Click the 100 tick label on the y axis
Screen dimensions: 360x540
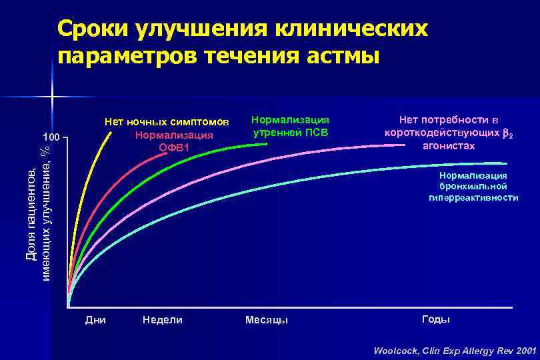click(x=51, y=138)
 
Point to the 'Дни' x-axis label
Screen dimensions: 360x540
click(x=96, y=320)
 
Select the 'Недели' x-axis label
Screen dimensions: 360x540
click(x=163, y=320)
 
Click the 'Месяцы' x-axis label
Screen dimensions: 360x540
click(x=267, y=320)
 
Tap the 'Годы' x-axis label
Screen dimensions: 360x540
click(x=436, y=319)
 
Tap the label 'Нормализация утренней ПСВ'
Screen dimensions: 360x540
click(x=290, y=125)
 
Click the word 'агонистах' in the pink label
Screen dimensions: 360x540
click(x=449, y=146)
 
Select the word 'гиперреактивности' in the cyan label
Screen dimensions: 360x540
click(x=473, y=198)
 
